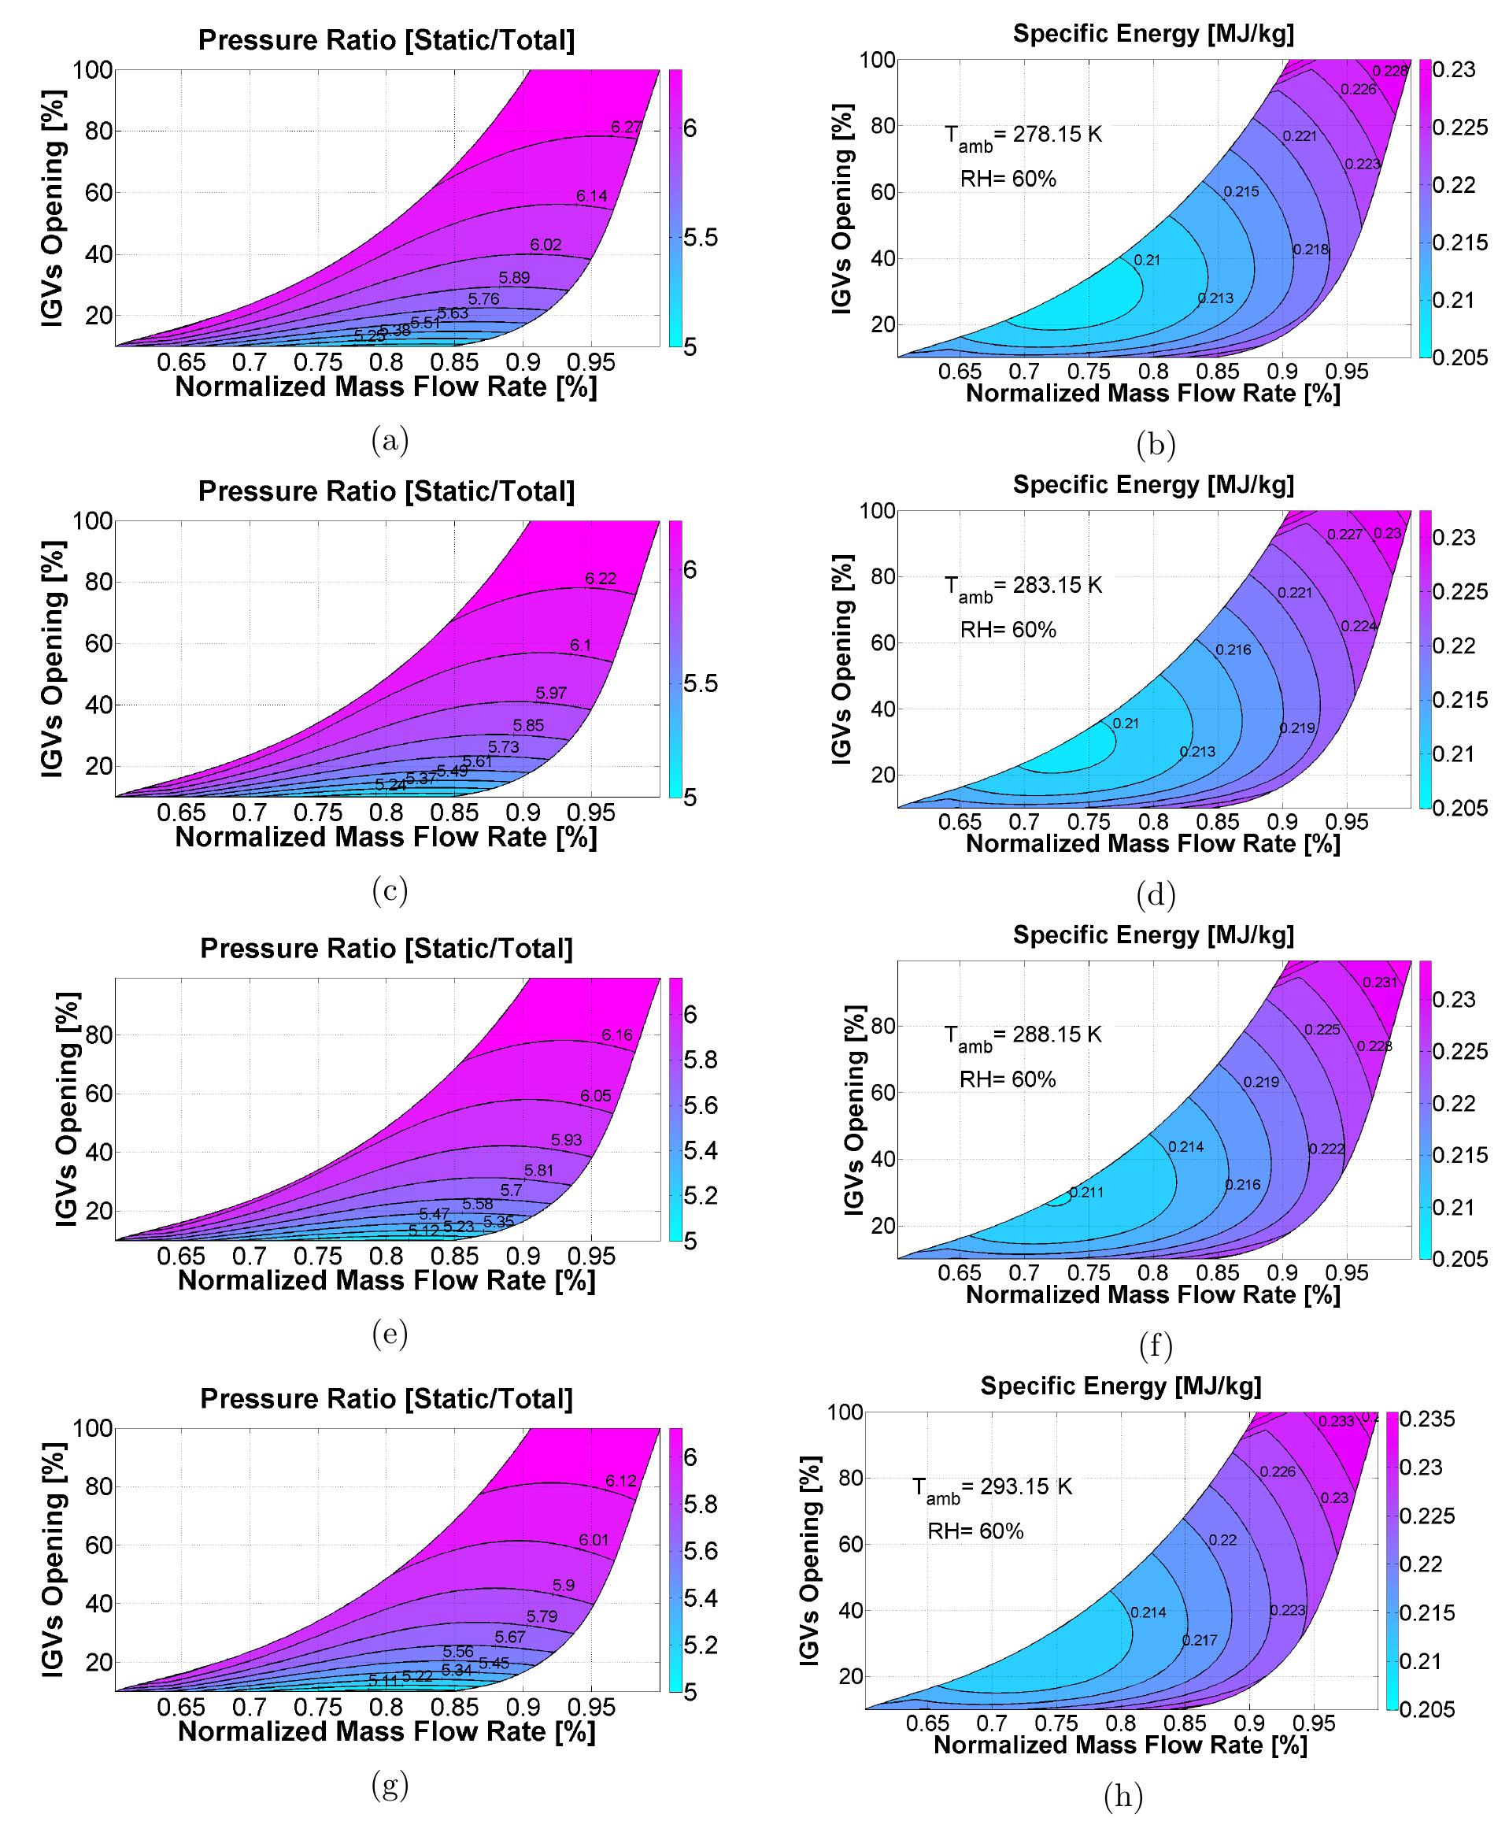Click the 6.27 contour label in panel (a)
point(626,127)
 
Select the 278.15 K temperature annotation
point(1023,135)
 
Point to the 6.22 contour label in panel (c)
point(601,578)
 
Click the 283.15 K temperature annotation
point(1023,587)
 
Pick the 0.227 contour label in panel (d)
point(1344,535)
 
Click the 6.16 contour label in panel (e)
point(617,1035)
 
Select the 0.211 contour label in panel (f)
point(1086,1192)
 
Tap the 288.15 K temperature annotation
point(1023,1035)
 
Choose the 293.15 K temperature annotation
point(992,1487)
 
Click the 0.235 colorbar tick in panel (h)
point(1426,1420)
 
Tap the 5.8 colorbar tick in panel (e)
point(701,1060)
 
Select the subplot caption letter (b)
point(1156,444)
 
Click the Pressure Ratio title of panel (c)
point(386,491)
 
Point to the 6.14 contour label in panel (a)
point(592,195)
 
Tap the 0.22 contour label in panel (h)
point(1222,1539)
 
